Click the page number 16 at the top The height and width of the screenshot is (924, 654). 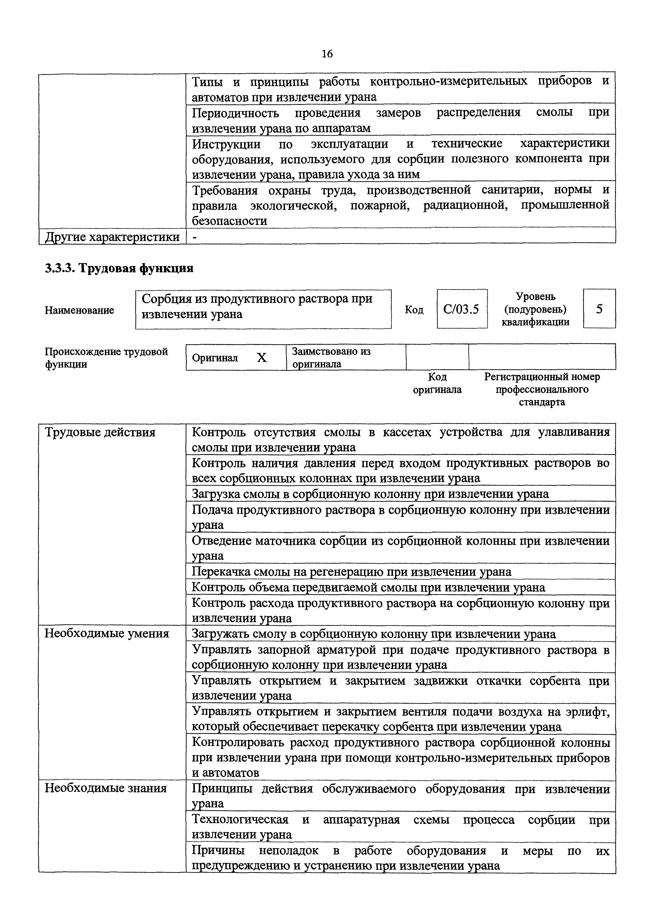click(327, 53)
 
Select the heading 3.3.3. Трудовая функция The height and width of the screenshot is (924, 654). click(119, 268)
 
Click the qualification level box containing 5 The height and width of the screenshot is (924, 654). click(599, 309)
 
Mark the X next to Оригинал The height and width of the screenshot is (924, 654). click(262, 358)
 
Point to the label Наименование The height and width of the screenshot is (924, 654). click(79, 310)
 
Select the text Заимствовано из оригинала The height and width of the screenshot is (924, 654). click(331, 357)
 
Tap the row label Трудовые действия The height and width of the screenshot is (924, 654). click(100, 432)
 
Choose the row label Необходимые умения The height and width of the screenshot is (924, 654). click(107, 634)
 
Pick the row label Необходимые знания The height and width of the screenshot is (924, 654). click(105, 788)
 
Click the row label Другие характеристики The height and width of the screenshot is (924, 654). click(112, 237)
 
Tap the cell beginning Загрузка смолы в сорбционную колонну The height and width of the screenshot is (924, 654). click(370, 494)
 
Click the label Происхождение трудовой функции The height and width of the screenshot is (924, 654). click(106, 358)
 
